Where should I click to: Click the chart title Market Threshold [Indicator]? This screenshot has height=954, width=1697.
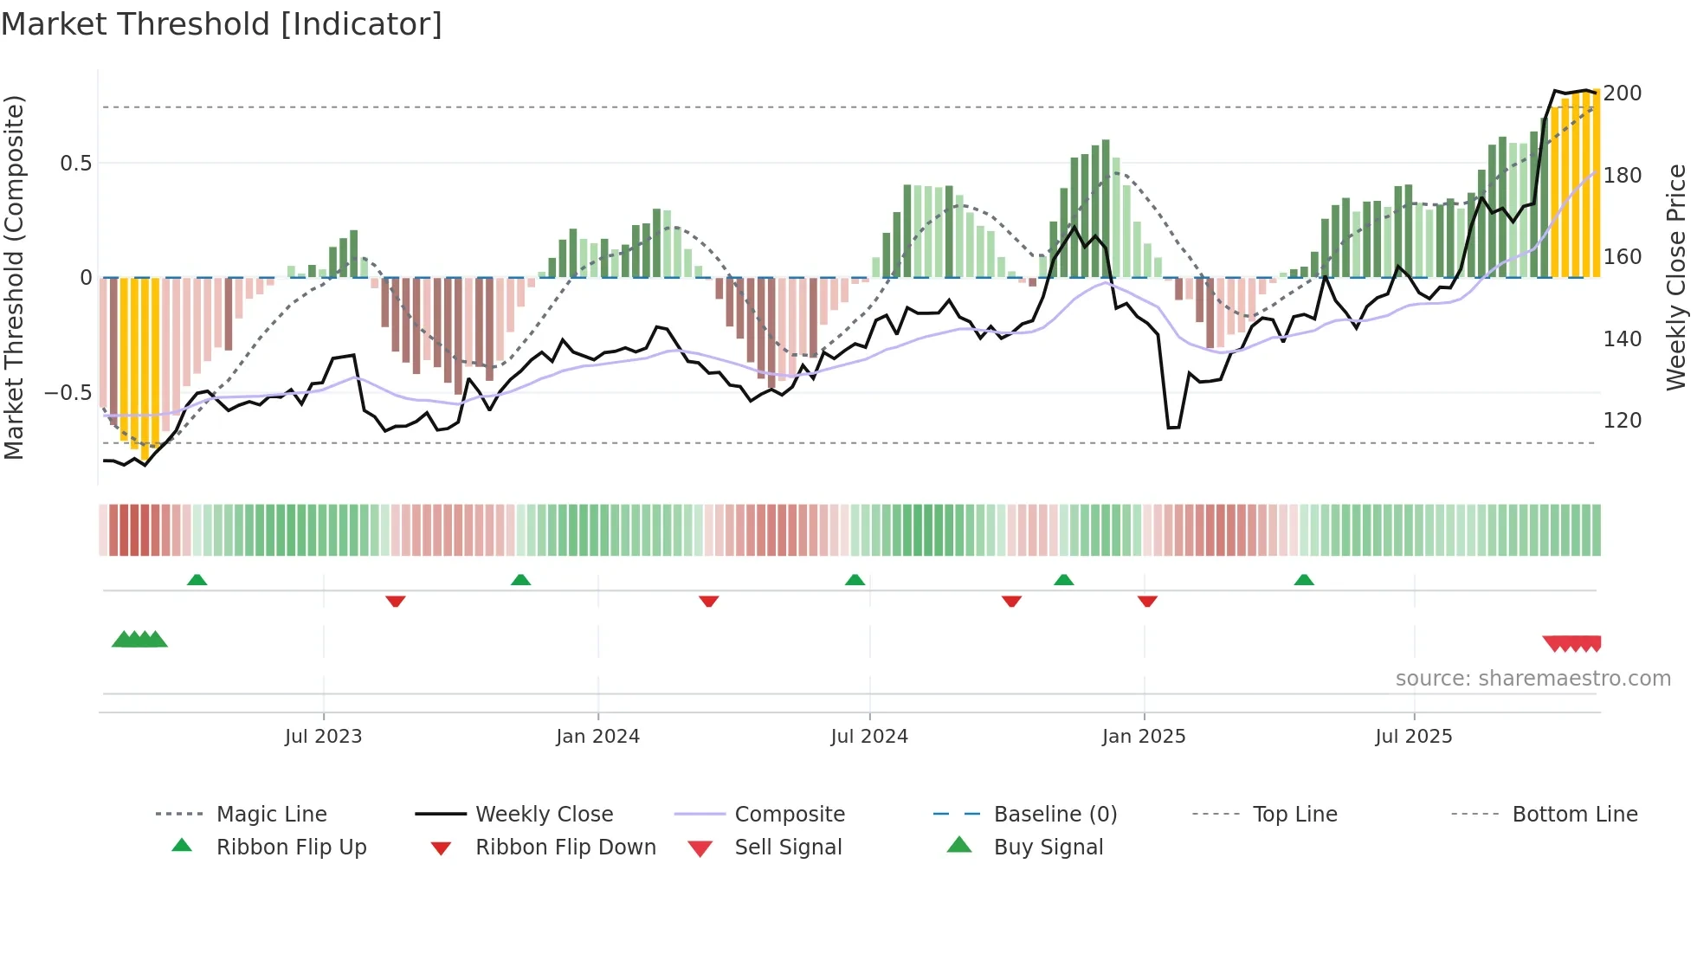pos(222,24)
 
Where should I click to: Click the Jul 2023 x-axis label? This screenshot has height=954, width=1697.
pos(323,737)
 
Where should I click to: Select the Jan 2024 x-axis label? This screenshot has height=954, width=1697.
pos(597,737)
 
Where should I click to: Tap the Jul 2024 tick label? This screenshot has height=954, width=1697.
pos(869,737)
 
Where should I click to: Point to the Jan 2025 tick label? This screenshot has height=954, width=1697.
pos(1144,737)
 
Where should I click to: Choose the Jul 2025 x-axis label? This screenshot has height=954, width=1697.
pos(1414,737)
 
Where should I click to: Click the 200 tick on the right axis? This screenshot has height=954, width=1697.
pos(1623,93)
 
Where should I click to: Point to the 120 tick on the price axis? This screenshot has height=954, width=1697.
pos(1623,421)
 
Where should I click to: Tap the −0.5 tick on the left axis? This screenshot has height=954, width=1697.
pos(68,393)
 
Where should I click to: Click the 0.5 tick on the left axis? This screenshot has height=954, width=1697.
pos(76,164)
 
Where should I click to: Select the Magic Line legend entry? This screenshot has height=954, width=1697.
pos(271,815)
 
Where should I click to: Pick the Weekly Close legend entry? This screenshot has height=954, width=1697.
pos(544,815)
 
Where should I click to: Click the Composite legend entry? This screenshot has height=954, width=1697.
pos(790,815)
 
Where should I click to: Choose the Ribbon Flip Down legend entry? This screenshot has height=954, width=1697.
pos(565,848)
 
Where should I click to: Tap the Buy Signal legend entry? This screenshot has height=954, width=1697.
pos(1048,848)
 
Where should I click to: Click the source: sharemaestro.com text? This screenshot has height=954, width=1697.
pos(1532,679)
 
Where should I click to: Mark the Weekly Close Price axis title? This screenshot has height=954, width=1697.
pos(1676,277)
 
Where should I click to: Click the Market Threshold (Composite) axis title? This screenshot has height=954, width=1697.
pos(14,277)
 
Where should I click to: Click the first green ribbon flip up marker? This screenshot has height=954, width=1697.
pos(197,580)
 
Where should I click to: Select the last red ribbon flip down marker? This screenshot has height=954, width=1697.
pos(1147,601)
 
